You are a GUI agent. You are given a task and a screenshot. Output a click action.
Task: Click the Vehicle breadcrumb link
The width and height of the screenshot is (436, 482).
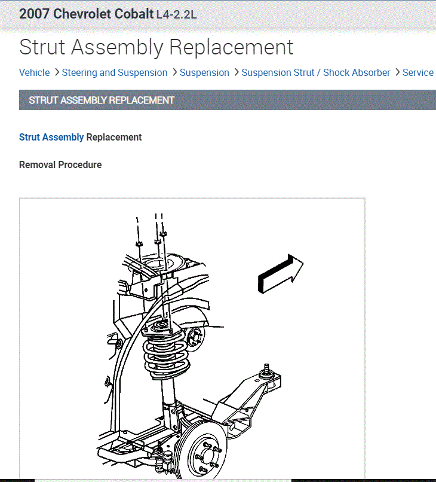[34, 72]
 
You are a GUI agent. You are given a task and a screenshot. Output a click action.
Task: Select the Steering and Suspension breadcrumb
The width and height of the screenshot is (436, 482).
[115, 72]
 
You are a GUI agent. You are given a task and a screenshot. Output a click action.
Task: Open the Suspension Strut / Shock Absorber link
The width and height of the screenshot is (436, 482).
[316, 72]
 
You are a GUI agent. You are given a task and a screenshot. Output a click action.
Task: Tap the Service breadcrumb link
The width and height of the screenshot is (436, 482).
[418, 72]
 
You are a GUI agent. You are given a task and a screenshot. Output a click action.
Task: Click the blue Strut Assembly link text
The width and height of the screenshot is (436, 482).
[51, 137]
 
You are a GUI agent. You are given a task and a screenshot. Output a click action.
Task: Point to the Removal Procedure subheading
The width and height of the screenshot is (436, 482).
[60, 164]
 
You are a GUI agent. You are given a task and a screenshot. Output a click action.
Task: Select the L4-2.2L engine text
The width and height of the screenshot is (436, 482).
[176, 14]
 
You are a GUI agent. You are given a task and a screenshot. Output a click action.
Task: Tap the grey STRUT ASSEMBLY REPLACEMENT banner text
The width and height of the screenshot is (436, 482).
[102, 100]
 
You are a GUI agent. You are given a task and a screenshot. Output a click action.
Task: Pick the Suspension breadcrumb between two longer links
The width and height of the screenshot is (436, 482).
[204, 72]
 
